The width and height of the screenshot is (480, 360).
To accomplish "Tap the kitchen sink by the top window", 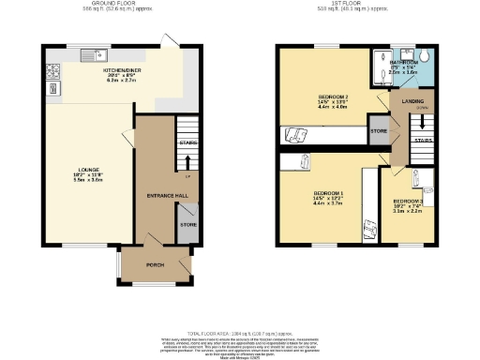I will pyautogui.click(x=94, y=53).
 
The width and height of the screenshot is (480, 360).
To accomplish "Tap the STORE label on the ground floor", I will pyautogui.click(x=187, y=224).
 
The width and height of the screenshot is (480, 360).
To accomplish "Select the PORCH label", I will pyautogui.click(x=155, y=265).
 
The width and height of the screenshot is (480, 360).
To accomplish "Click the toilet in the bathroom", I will pyautogui.click(x=425, y=54).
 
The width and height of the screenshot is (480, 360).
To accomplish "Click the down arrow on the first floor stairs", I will pyautogui.click(x=422, y=122).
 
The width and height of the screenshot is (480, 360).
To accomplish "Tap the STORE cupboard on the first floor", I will pyautogui.click(x=380, y=131).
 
